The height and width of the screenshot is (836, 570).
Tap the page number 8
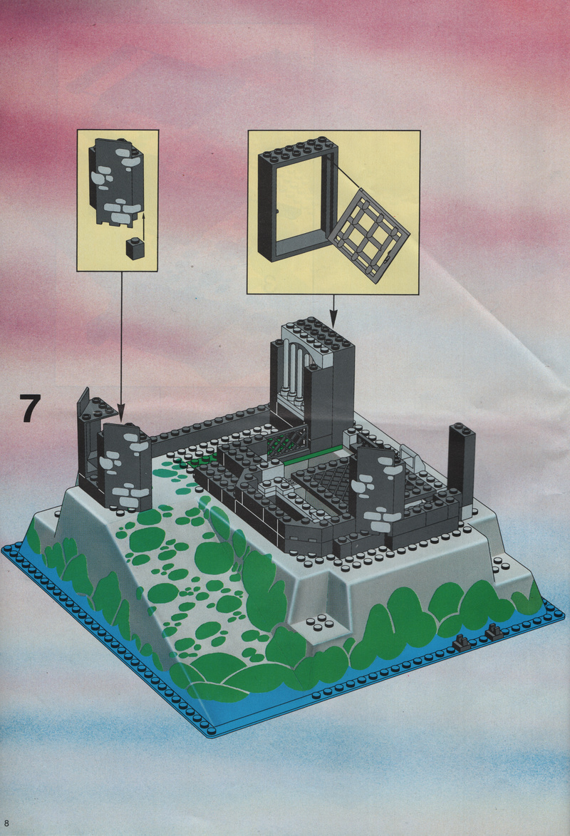tap(6, 823)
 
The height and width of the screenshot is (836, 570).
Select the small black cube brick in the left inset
tap(137, 248)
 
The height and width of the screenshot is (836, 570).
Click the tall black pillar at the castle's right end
tap(462, 463)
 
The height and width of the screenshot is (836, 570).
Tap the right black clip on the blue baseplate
tap(494, 631)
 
